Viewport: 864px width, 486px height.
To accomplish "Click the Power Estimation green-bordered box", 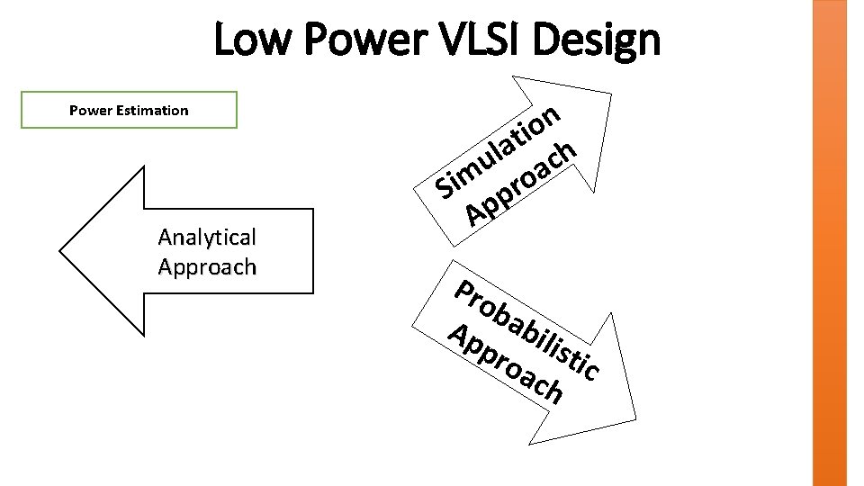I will (129, 110).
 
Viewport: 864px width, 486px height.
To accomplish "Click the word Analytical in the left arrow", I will (207, 237).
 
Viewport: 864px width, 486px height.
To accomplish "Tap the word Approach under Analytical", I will (207, 267).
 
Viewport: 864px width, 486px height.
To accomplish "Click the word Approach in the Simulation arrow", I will (520, 184).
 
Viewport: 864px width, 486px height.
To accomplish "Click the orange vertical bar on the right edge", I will (829, 243).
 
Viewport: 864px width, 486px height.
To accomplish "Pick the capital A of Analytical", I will (166, 237).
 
